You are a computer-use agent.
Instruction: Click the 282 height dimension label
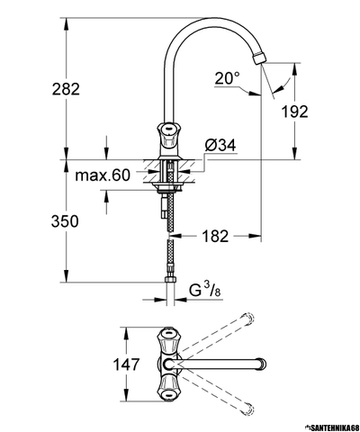point(41,88)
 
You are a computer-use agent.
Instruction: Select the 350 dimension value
point(41,221)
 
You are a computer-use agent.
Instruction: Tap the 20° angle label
point(228,78)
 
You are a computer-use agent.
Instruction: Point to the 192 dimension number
point(319,112)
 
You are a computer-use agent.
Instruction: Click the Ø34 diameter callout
point(220,146)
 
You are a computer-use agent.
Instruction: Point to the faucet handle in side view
point(169,135)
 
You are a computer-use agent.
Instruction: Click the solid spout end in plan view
point(265,365)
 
